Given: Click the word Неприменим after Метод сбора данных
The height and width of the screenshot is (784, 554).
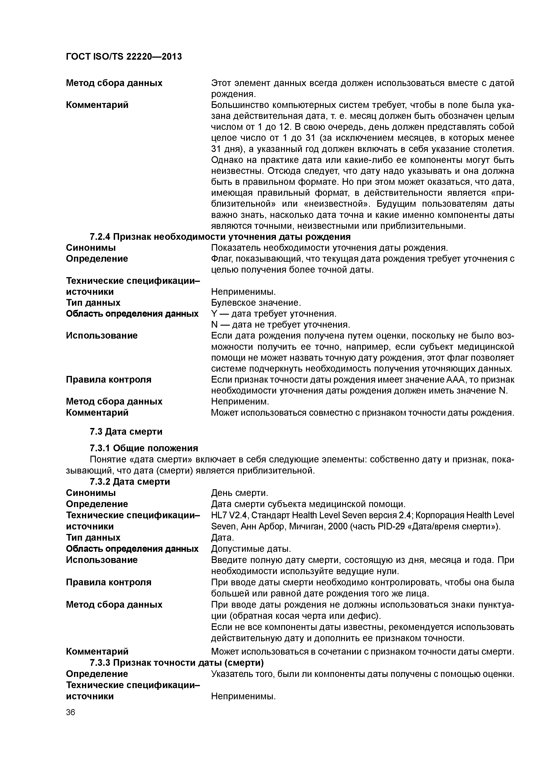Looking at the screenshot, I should click(240, 402).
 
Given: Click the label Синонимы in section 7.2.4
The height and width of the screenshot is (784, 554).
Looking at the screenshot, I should click(90, 248).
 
